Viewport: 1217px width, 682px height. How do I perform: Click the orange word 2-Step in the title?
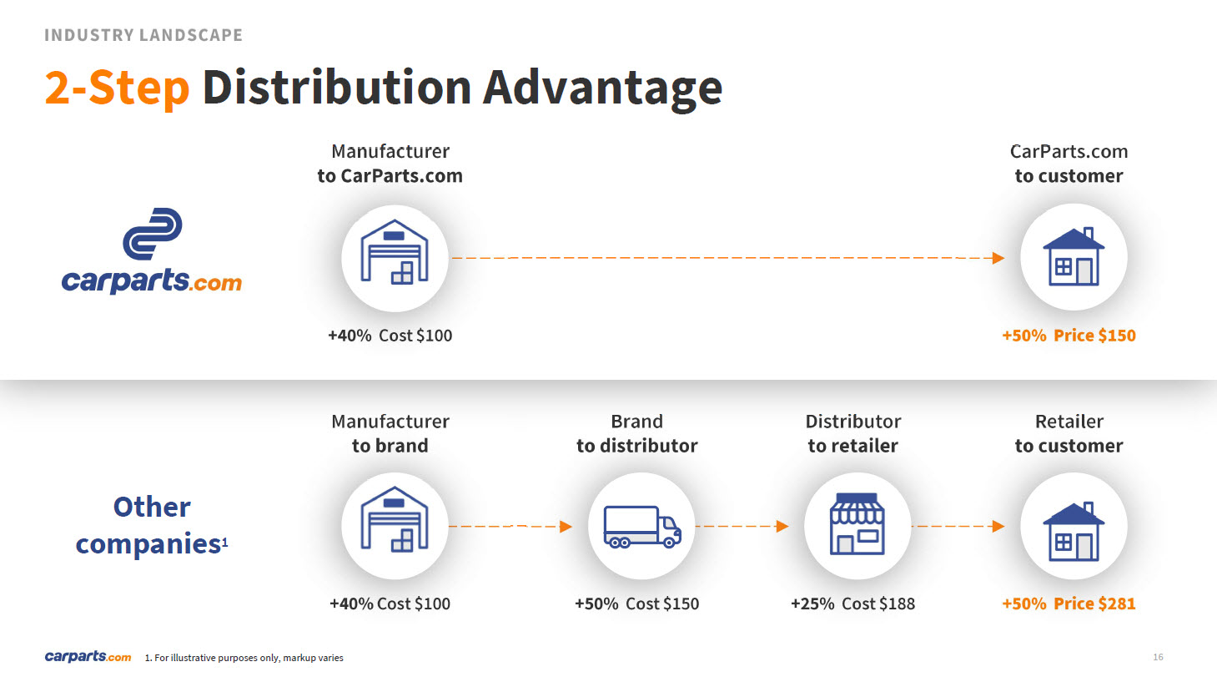click(x=117, y=88)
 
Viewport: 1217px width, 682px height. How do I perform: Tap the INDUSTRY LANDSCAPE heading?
click(x=143, y=35)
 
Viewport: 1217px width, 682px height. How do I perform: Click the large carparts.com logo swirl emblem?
click(x=153, y=234)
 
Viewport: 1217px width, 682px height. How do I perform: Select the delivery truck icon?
click(x=642, y=527)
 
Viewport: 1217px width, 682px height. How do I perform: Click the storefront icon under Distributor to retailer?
click(x=857, y=524)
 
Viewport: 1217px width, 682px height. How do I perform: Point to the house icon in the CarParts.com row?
click(x=1074, y=257)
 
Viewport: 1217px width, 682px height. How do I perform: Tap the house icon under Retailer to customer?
click(x=1074, y=532)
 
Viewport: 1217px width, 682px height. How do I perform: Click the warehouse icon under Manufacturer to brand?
click(x=395, y=519)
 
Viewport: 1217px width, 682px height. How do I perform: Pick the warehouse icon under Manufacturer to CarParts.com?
click(x=395, y=252)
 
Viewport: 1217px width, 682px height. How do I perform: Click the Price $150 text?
click(x=1094, y=336)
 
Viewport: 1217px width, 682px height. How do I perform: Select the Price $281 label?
click(x=1094, y=604)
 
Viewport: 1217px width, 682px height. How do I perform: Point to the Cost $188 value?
click(x=878, y=604)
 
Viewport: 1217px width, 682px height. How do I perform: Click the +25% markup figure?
click(x=812, y=604)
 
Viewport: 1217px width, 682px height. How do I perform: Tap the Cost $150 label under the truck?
click(x=662, y=604)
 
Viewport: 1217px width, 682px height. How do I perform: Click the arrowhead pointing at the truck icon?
click(x=566, y=527)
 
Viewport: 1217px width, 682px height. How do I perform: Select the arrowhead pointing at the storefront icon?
click(x=782, y=527)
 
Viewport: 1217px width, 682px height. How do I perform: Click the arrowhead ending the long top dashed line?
click(x=998, y=258)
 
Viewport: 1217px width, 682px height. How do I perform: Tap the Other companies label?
click(x=152, y=525)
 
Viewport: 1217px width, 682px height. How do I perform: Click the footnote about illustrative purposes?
click(x=244, y=658)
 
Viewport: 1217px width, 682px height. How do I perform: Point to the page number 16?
click(x=1158, y=658)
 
